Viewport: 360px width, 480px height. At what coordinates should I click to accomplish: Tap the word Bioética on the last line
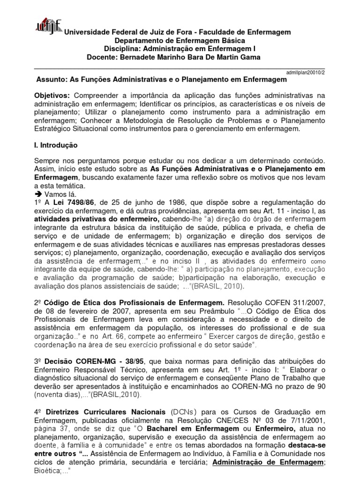[x=49, y=472]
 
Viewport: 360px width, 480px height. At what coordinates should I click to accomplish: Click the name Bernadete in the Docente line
[x=135, y=57]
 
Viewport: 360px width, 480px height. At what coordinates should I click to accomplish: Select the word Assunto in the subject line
[x=51, y=80]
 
